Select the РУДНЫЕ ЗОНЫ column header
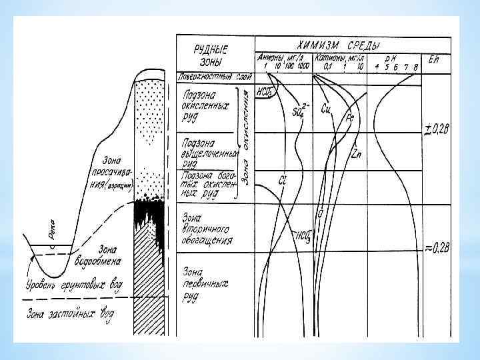tap(211, 53)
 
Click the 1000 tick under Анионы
tap(303, 68)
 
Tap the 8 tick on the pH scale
tap(415, 68)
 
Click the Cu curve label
tap(326, 108)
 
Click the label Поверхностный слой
tap(213, 76)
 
